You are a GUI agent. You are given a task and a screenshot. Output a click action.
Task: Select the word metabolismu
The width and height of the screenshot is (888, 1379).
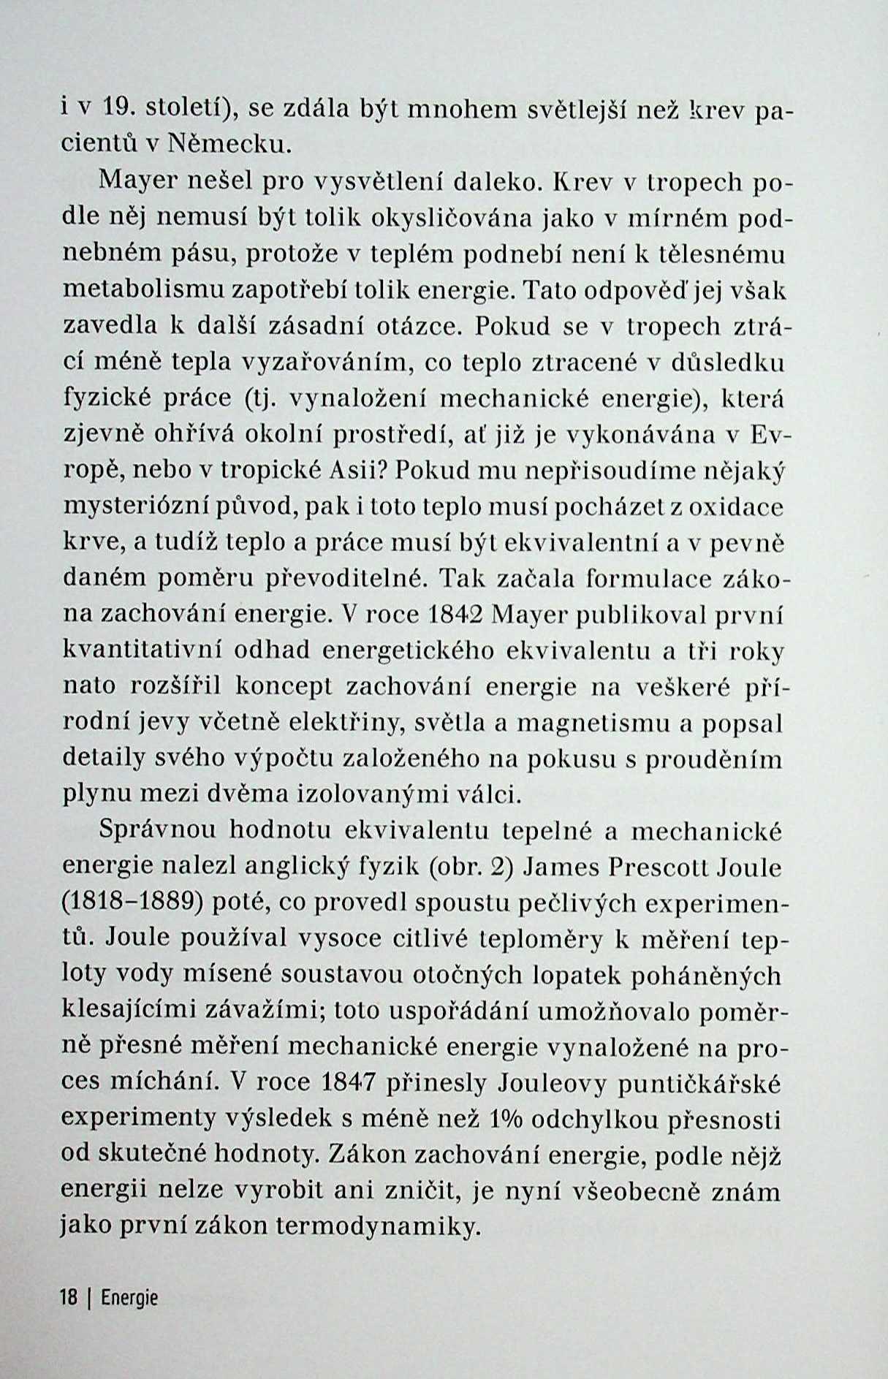pyautogui.click(x=143, y=289)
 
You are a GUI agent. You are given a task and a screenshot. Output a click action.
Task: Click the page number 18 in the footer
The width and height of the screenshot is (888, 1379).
pyautogui.click(x=69, y=1298)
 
